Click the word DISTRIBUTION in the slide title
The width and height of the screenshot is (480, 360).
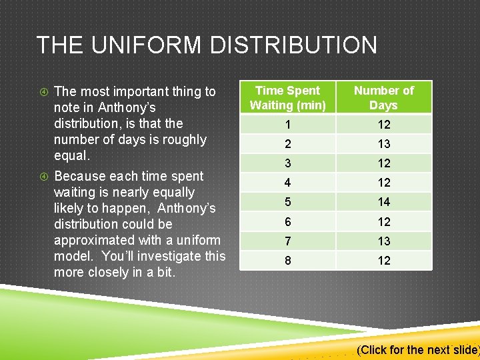[x=293, y=45]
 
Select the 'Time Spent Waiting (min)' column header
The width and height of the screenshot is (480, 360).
[x=288, y=97]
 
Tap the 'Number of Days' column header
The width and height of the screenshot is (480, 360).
[x=384, y=97]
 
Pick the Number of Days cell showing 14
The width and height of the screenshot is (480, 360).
[x=384, y=202]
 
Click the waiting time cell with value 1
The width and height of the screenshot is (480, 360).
[x=288, y=125]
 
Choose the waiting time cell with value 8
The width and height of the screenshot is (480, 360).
[x=288, y=261]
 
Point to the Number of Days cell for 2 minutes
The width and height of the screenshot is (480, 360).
[x=384, y=144]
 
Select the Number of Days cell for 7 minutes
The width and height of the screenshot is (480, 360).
[x=384, y=241]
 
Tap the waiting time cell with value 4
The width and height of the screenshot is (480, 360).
[x=288, y=183]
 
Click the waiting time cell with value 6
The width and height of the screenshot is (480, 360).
[x=288, y=222]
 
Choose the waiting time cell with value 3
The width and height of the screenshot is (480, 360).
[x=288, y=163]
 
